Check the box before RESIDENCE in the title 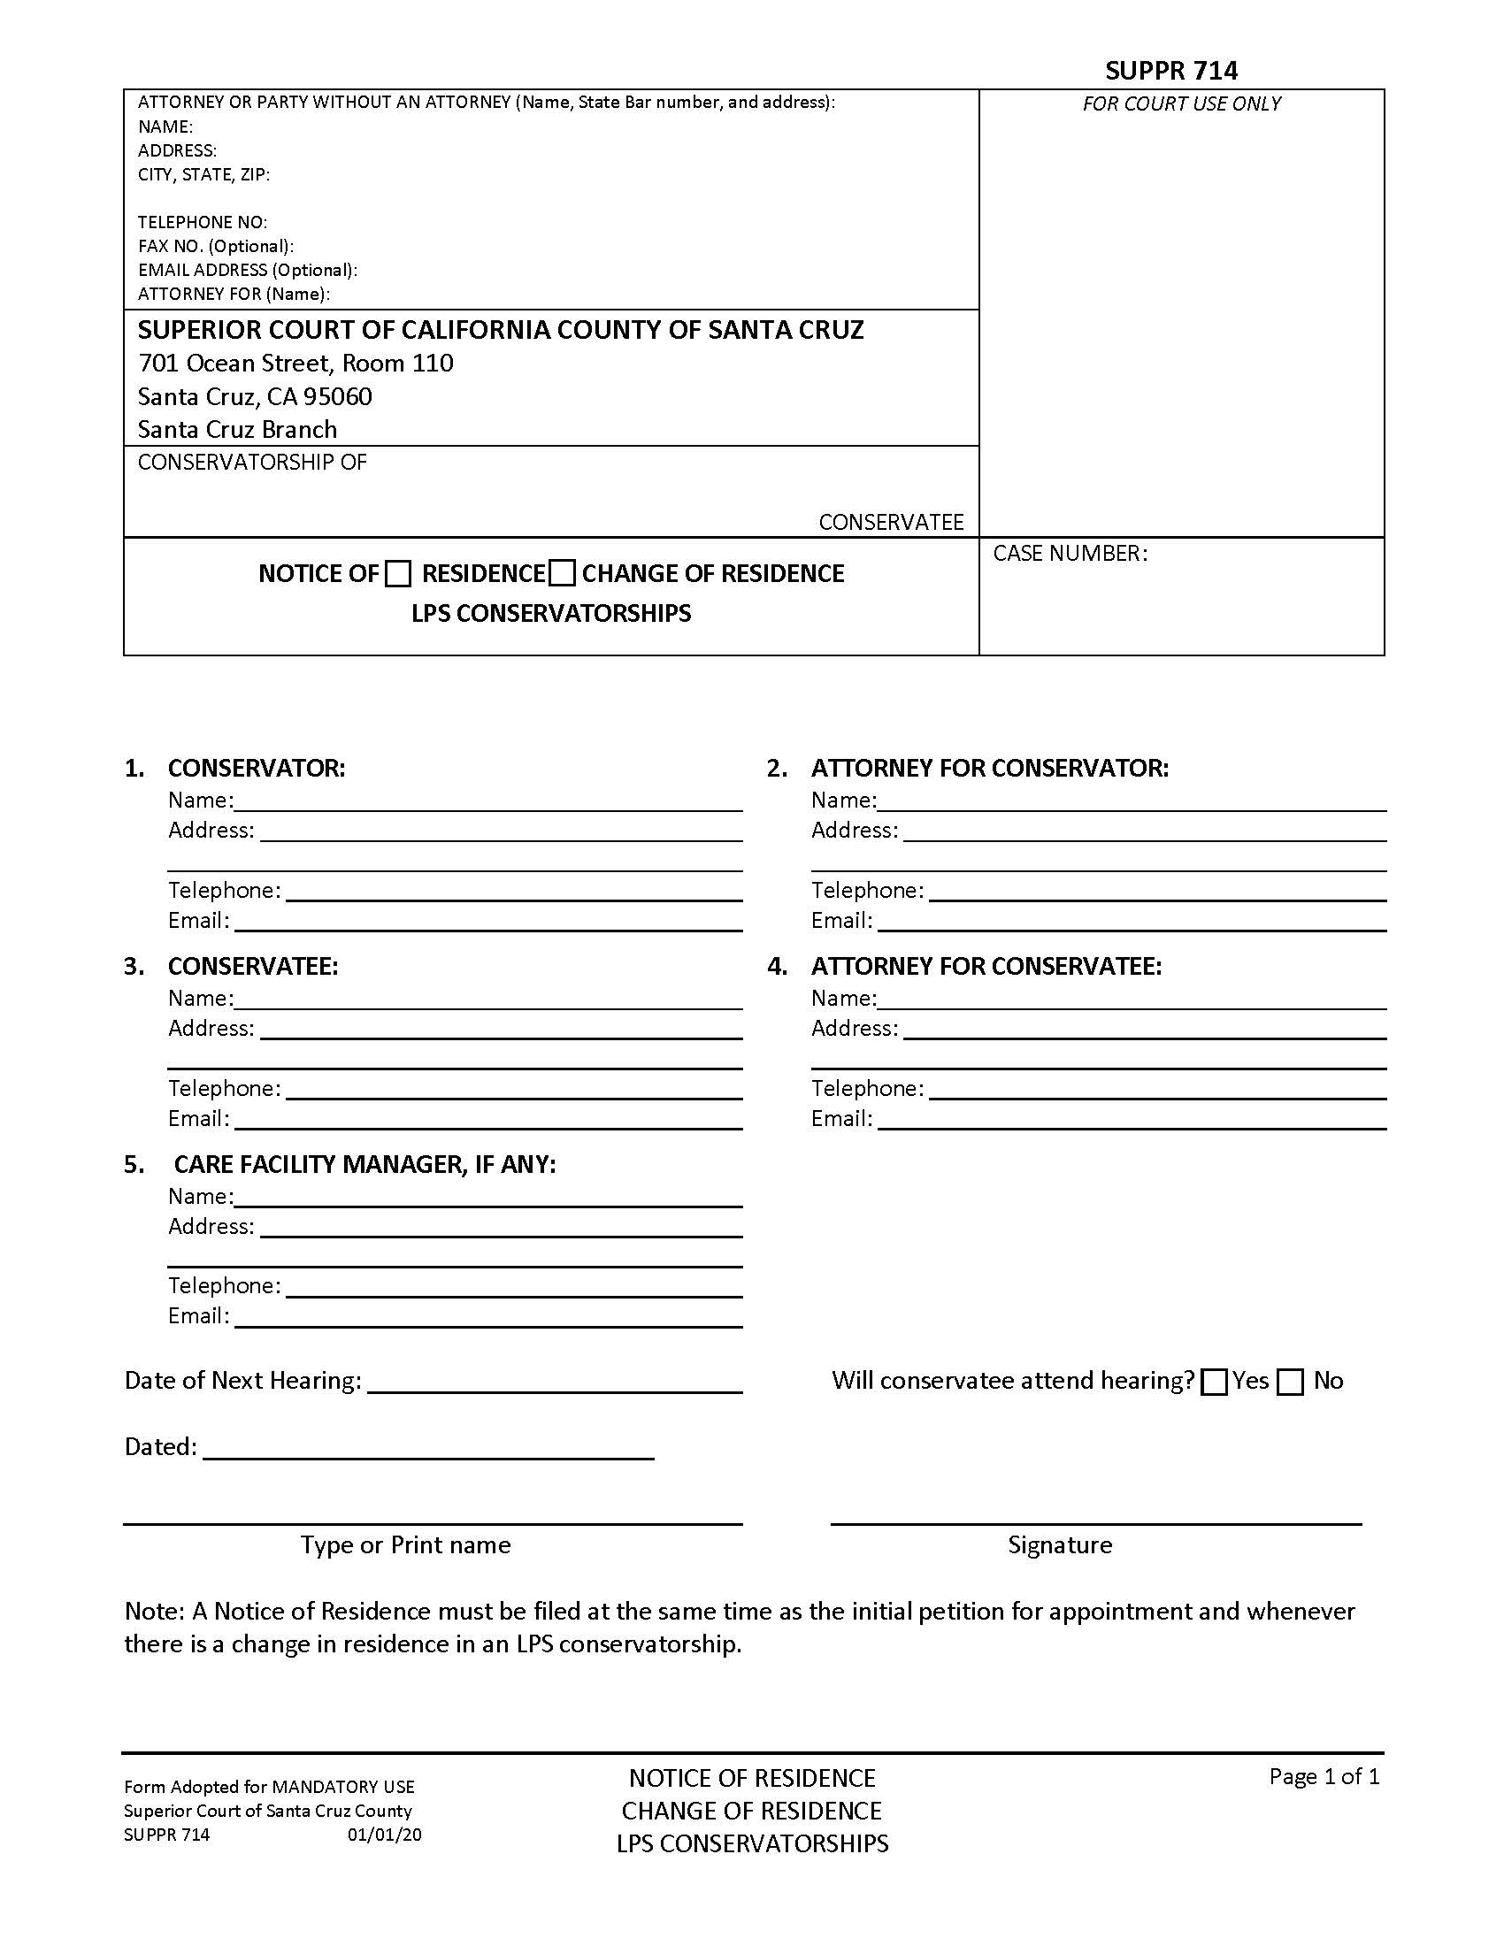pos(398,574)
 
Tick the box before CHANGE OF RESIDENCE pos(561,574)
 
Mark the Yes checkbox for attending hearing pos(1214,1382)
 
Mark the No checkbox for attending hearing pos(1289,1382)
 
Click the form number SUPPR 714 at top pos(1170,71)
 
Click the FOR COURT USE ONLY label pos(1180,103)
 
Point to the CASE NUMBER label pos(1070,554)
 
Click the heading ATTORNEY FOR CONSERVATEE pos(986,966)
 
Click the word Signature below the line pos(1059,1544)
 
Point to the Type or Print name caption pos(405,1544)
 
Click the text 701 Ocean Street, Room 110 pos(295,363)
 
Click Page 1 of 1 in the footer pos(1324,1777)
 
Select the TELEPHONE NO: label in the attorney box pos(203,222)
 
